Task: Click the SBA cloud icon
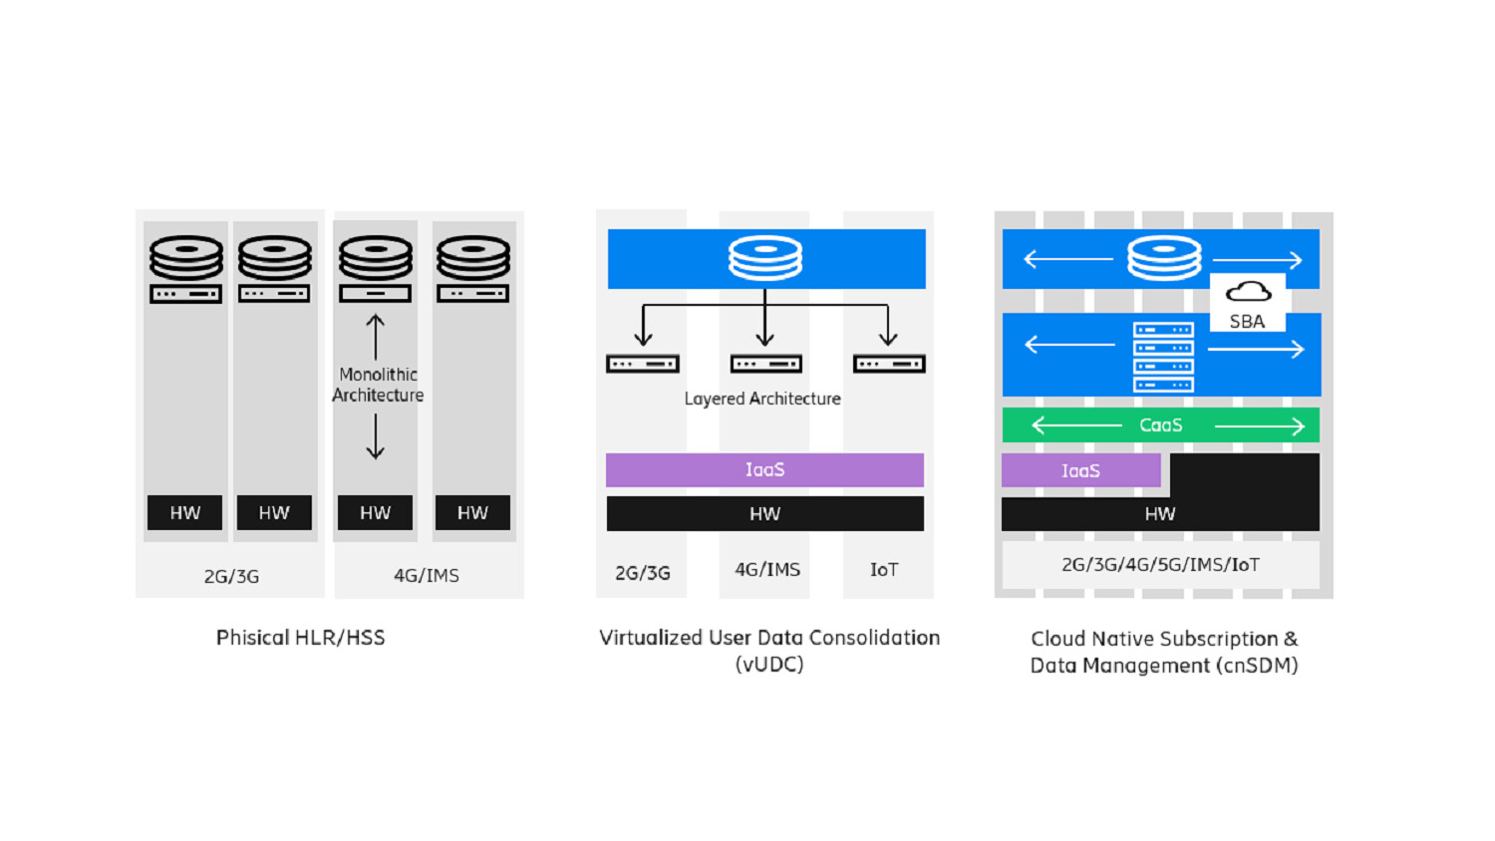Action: tap(1248, 291)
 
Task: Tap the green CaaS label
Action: tap(1160, 425)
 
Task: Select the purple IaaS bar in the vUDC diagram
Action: tap(764, 469)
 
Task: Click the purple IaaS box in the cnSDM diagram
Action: tap(1080, 470)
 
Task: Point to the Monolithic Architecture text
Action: tap(378, 385)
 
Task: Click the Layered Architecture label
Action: tap(762, 399)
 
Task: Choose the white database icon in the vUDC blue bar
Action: tap(764, 258)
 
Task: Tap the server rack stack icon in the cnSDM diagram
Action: tap(1163, 357)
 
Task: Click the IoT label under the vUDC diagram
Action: tap(884, 570)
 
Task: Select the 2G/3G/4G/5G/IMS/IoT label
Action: tap(1160, 565)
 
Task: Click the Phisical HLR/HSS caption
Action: tap(300, 638)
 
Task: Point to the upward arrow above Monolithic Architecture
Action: tap(375, 337)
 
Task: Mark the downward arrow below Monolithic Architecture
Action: tap(375, 436)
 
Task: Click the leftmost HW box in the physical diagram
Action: tap(184, 513)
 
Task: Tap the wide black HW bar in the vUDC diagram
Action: tap(764, 514)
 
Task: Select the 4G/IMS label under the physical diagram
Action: tap(427, 576)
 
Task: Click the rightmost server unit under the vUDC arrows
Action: tap(889, 365)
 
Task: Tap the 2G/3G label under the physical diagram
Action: tap(231, 577)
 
